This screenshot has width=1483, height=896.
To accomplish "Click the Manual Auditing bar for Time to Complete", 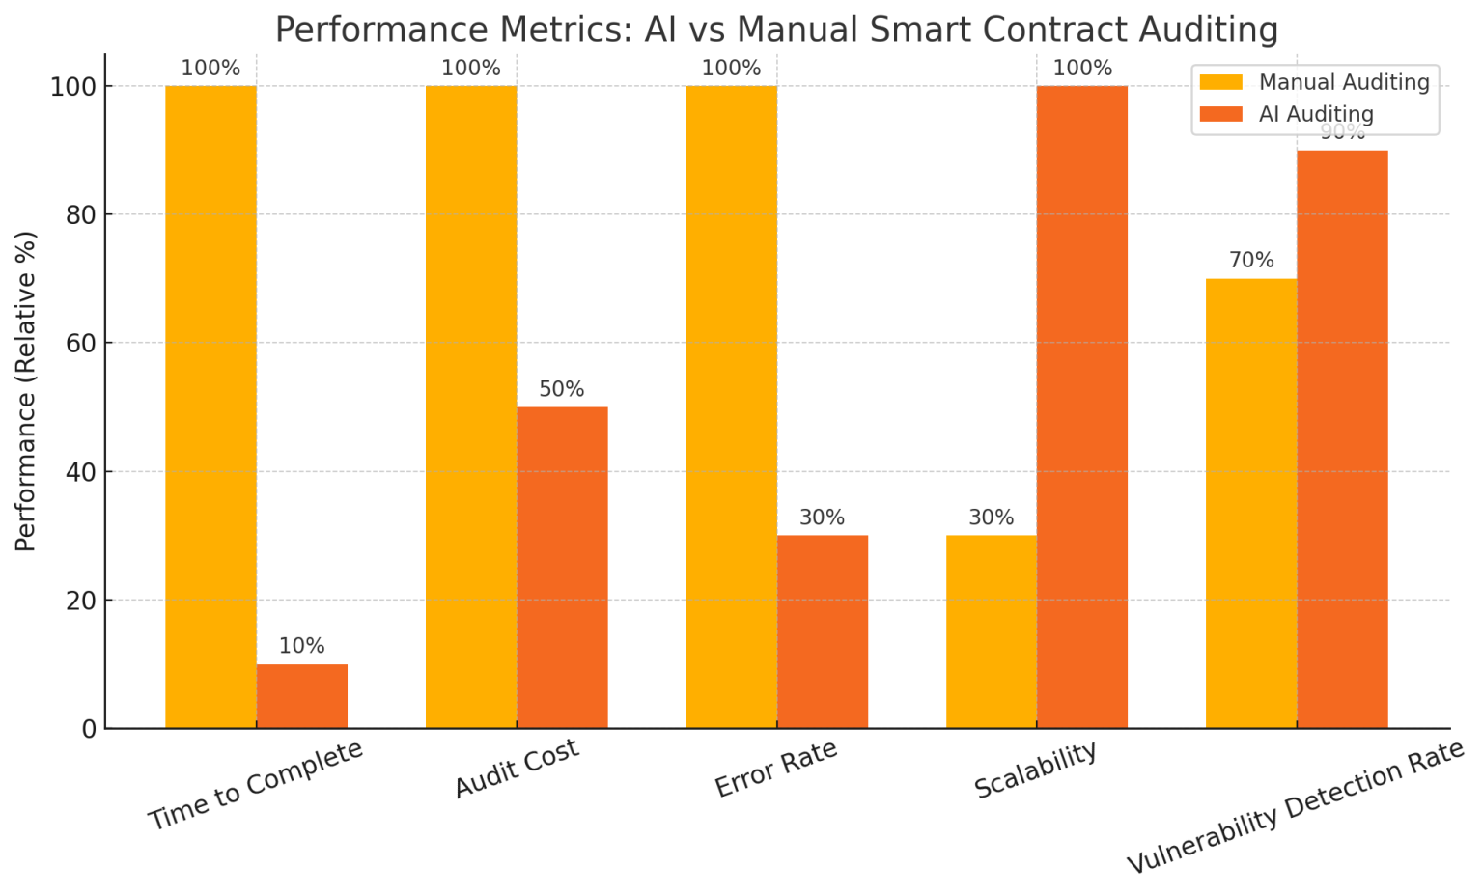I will click(210, 406).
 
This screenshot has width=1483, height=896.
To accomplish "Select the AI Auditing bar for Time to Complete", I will click(302, 696).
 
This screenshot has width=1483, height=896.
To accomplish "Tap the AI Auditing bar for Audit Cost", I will click(562, 568).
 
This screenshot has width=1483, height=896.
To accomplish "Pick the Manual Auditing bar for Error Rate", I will click(731, 406).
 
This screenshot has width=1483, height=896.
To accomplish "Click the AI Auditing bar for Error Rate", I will click(823, 631).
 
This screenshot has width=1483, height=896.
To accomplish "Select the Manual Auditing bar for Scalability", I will click(992, 631).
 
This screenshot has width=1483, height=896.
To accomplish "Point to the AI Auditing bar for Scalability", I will click(1082, 406).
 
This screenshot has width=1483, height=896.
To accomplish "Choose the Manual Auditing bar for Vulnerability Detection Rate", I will click(1251, 503).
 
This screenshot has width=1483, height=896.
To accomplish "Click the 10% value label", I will click(302, 647).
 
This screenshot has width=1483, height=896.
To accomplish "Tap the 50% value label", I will click(562, 390).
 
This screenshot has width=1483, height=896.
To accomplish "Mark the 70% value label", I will click(1251, 261).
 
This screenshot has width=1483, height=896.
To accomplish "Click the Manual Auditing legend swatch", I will click(1221, 83).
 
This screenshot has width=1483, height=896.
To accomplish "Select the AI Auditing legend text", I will click(1316, 114).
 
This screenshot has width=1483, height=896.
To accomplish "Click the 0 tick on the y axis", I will click(89, 729).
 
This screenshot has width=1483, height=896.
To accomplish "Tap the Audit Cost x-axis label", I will click(517, 769).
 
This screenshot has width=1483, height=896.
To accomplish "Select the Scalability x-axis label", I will click(1036, 770).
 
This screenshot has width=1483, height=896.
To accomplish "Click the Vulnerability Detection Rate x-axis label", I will click(1296, 807).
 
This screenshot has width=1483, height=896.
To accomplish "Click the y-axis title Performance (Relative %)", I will click(26, 391).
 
